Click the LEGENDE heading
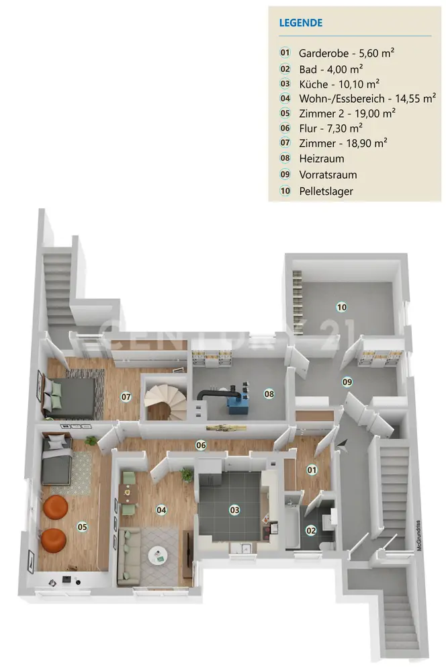pyautogui.click(x=301, y=23)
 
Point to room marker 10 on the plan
pyautogui.click(x=341, y=307)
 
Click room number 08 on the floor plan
pyautogui.click(x=269, y=394)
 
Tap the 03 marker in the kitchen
pyautogui.click(x=234, y=510)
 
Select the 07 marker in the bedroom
pyautogui.click(x=126, y=396)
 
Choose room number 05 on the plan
pyautogui.click(x=83, y=527)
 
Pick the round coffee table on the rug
pyautogui.click(x=158, y=554)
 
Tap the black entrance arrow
pyautogui.click(x=343, y=444)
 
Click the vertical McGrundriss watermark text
pyautogui.click(x=417, y=537)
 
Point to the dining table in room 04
pyautogui.click(x=128, y=496)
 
